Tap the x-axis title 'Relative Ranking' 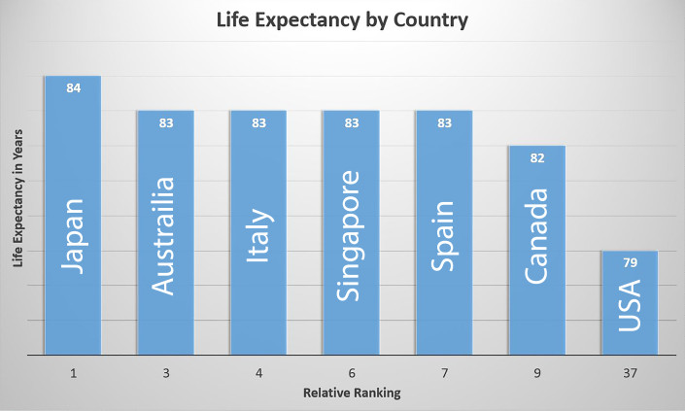click(350, 395)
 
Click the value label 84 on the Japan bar click(73, 88)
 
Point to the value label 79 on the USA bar click(630, 263)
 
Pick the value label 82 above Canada click(536, 158)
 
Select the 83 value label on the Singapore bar click(351, 123)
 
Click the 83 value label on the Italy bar click(258, 123)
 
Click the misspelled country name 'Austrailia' click(165, 235)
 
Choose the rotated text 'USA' click(630, 305)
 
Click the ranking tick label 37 click(630, 373)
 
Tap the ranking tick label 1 click(73, 373)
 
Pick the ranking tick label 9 click(536, 373)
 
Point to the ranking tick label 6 click(351, 373)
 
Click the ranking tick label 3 click(165, 373)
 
